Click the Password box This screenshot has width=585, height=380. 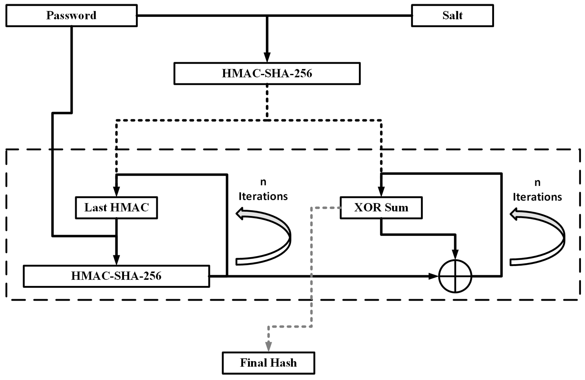pyautogui.click(x=71, y=16)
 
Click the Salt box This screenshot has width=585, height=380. pyautogui.click(x=452, y=16)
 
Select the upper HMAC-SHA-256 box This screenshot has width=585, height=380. pyautogui.click(x=267, y=73)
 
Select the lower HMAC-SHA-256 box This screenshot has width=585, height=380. pyautogui.click(x=116, y=276)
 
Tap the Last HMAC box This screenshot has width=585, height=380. pyautogui.click(x=116, y=208)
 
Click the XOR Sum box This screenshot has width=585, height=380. pyautogui.click(x=381, y=208)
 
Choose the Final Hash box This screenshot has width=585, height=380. pyautogui.click(x=268, y=363)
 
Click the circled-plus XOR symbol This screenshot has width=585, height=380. pyautogui.click(x=455, y=276)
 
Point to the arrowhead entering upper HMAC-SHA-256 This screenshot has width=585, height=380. pyautogui.click(x=267, y=58)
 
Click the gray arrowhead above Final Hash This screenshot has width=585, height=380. pyautogui.click(x=268, y=346)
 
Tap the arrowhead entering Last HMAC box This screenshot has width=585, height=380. pyautogui.click(x=116, y=192)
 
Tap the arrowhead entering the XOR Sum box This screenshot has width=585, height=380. pyautogui.click(x=381, y=192)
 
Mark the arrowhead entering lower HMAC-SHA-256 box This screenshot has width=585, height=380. pyautogui.click(x=116, y=260)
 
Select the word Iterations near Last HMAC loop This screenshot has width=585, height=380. pyautogui.click(x=263, y=197)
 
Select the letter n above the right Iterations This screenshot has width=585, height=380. pyautogui.click(x=537, y=183)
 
